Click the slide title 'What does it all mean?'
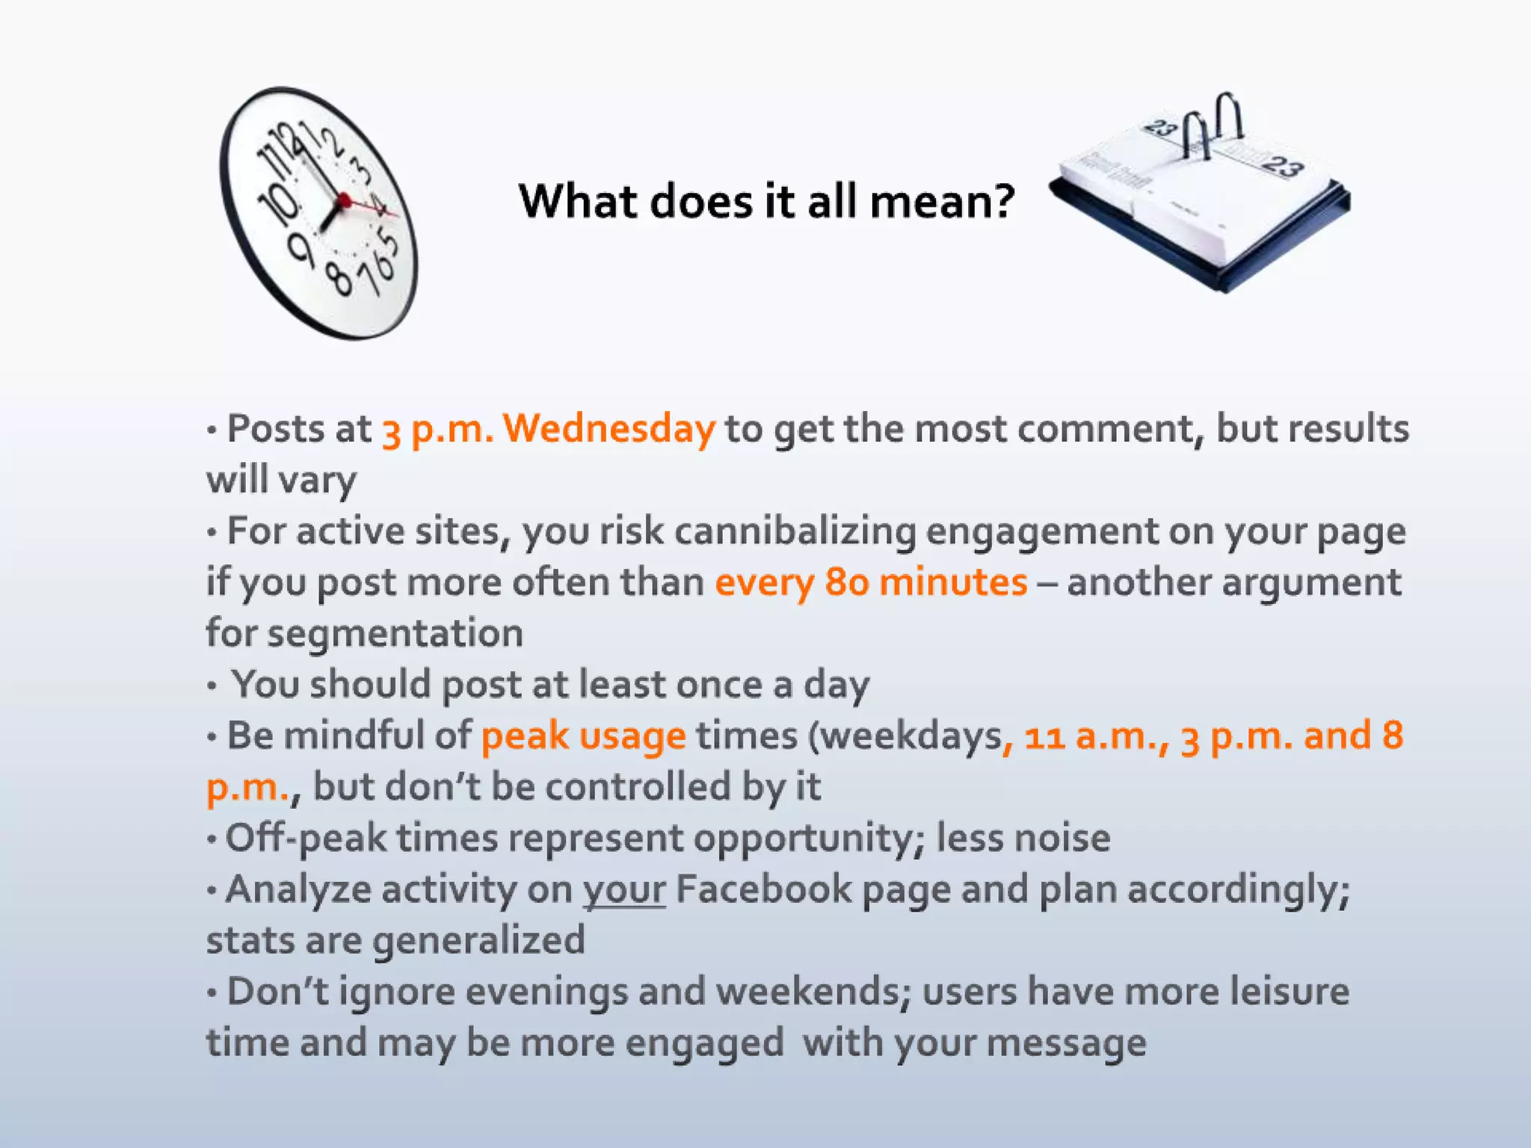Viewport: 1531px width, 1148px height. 766,202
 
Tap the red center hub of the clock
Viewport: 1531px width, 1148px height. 344,200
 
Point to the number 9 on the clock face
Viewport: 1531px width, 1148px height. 301,248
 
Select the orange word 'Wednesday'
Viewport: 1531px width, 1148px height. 609,429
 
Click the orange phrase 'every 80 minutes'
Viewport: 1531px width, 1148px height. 871,582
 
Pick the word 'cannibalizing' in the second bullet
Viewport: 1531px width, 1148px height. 795,531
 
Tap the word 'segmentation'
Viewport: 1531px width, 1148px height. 395,633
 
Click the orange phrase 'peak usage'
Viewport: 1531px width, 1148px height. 583,735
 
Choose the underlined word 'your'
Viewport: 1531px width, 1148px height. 624,889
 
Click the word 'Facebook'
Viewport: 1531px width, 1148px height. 763,889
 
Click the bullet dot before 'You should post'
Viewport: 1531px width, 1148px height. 212,685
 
